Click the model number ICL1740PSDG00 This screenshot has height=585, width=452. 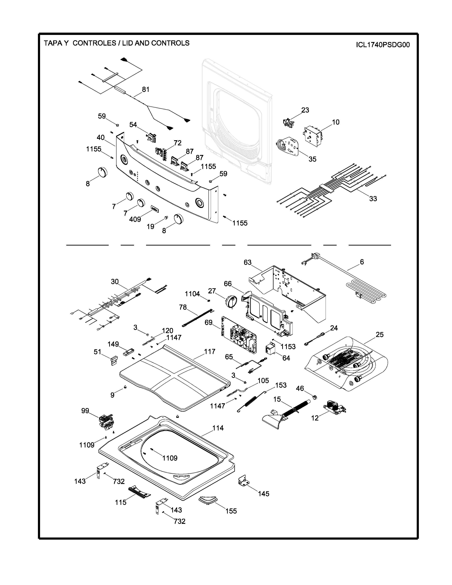pyautogui.click(x=383, y=45)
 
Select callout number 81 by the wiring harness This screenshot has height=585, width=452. pyautogui.click(x=146, y=90)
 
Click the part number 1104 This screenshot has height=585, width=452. pyautogui.click(x=192, y=294)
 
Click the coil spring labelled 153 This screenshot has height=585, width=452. pyautogui.click(x=250, y=402)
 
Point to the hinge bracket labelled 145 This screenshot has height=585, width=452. pyautogui.click(x=243, y=481)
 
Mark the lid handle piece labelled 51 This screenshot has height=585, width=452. pyautogui.click(x=114, y=360)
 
